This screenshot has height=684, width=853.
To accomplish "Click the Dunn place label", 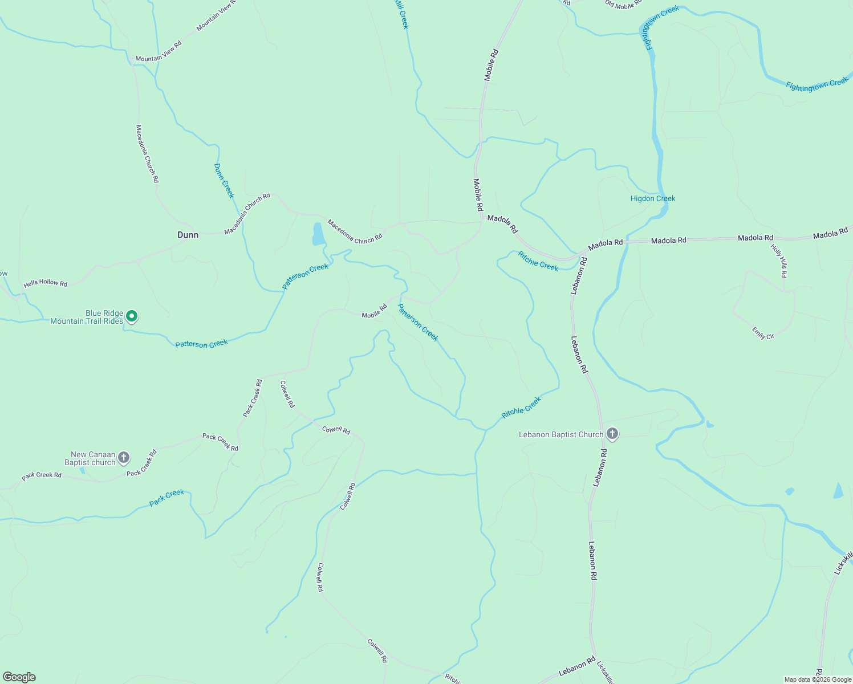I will point(188,235).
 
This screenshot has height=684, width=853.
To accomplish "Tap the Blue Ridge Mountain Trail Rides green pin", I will point(132,316).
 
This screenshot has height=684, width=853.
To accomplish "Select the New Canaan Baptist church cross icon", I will point(124,457).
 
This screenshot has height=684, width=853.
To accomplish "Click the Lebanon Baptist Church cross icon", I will point(612,434).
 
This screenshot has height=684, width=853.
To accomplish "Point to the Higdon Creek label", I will point(652,198).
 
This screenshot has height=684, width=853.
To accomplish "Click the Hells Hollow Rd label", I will point(45,283).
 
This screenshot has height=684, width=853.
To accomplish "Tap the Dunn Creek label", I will point(224,181).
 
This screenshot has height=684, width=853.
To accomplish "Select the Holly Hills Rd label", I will point(779,260).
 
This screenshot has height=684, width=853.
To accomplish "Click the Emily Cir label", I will point(762,333).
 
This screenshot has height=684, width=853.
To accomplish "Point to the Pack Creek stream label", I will point(166,497).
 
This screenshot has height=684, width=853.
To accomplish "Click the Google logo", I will point(19,677).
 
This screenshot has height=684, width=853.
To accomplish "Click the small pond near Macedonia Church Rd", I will point(318,234).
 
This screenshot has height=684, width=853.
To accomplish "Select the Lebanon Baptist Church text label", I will point(560,434).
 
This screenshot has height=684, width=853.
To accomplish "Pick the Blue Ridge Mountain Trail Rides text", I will point(87,317).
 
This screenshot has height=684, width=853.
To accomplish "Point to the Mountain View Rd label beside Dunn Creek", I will point(158,51).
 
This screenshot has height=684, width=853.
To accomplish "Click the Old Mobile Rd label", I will point(623,3).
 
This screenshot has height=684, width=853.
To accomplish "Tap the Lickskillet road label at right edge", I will point(843,563).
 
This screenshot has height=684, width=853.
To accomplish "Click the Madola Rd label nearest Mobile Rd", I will point(502,224).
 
